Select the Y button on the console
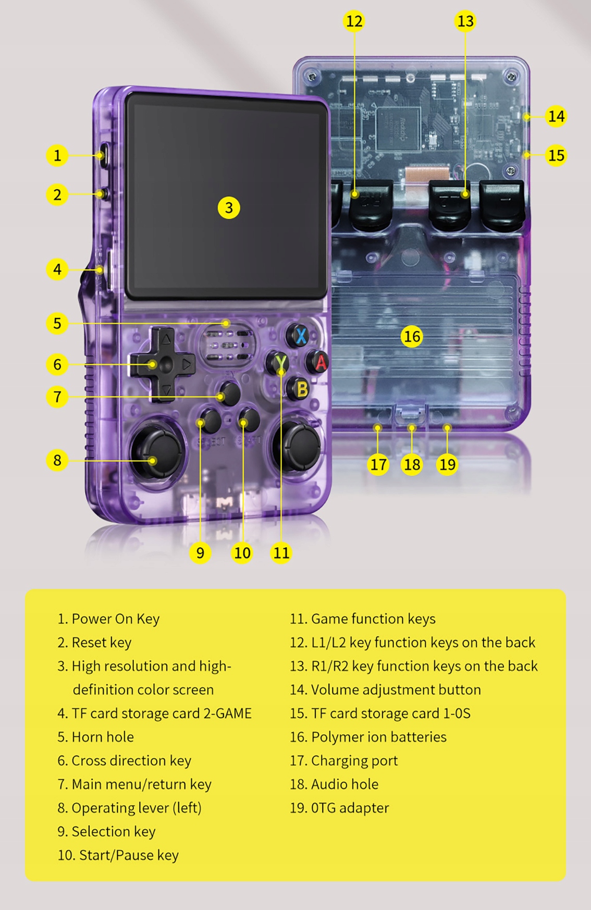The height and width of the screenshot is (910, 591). coord(279,362)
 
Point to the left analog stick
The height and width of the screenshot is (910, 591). coord(157,451)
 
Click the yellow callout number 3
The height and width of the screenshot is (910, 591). coord(229,207)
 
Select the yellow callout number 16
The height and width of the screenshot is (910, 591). coord(412,336)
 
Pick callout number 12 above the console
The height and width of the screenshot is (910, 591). coord(354,21)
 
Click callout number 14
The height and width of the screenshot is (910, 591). coord(556,116)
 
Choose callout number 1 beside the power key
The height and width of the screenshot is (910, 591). coord(57,155)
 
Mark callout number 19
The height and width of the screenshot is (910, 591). coord(447,464)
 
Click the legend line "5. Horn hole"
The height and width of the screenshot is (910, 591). coord(96,737)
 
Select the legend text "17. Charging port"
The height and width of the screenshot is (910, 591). coord(344,760)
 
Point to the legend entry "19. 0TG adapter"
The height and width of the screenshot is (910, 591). coord(340,808)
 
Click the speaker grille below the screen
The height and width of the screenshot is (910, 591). coord(227,345)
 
